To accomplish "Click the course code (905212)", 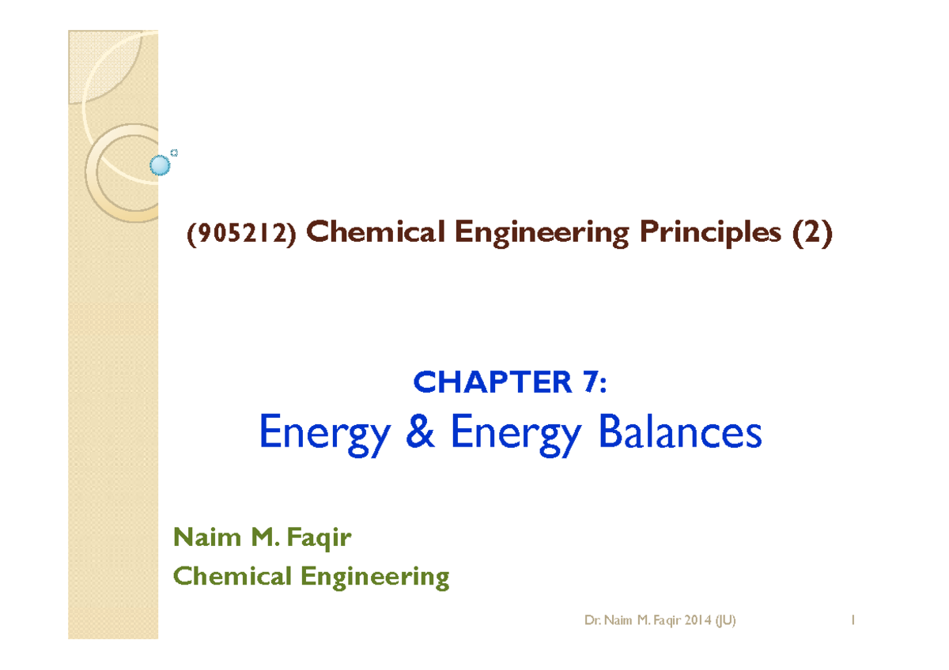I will click(x=241, y=235).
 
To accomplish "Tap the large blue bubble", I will click(x=161, y=165).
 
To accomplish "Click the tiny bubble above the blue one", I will click(x=174, y=152).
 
